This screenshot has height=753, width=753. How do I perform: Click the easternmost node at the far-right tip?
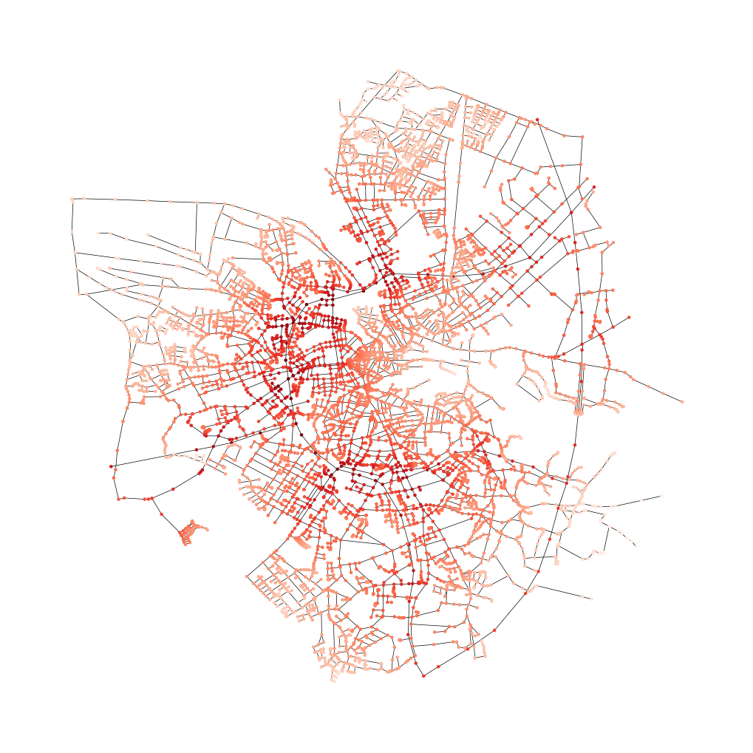coord(681,401)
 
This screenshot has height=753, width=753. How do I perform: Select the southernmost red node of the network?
coord(423,675)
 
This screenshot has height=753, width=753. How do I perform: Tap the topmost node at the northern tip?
coord(398,71)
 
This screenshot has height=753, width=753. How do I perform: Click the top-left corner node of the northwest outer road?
coord(72,199)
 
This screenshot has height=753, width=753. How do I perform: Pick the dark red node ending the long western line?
coord(111,466)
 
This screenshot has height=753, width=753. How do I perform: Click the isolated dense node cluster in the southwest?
coord(191,531)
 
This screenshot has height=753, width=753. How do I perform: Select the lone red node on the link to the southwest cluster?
coord(161,514)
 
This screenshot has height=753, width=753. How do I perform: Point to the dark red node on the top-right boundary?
coord(537,120)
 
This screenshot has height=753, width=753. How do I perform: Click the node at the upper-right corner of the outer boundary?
coord(582,137)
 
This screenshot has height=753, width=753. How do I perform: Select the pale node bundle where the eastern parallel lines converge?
coord(579,406)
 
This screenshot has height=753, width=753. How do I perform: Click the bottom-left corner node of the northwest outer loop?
coord(79,294)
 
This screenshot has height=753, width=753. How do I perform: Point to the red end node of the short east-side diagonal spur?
coord(628,318)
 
